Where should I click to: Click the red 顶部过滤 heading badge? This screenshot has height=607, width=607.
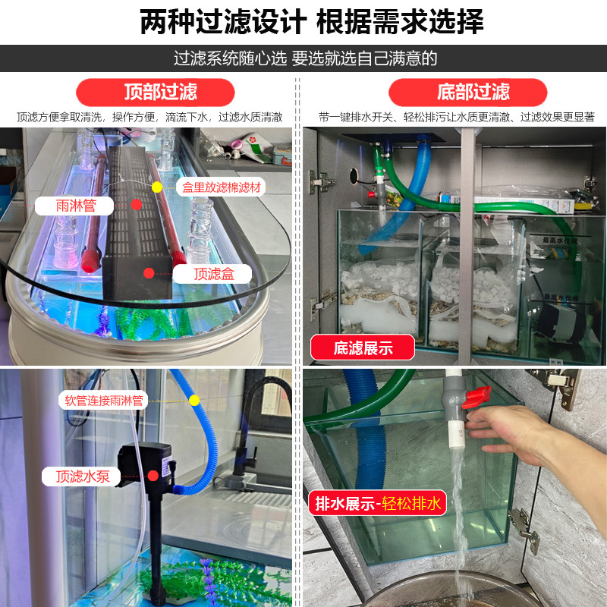pyautogui.click(x=160, y=93)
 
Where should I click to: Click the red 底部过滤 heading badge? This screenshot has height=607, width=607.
pyautogui.click(x=467, y=93)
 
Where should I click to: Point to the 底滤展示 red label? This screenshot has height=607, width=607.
pyautogui.click(x=363, y=348)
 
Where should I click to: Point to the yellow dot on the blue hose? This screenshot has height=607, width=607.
pyautogui.click(x=194, y=400)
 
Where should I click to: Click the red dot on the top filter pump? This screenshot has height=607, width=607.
pyautogui.click(x=153, y=476)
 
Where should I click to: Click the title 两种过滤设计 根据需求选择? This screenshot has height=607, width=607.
pyautogui.click(x=312, y=22)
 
